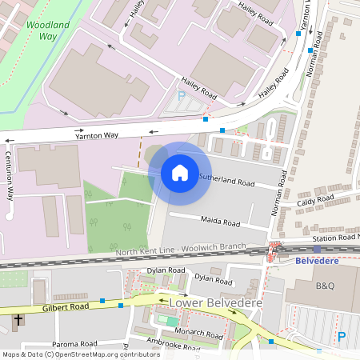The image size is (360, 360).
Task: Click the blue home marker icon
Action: pyautogui.click(x=180, y=173)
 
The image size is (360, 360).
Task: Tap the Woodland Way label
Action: pyautogui.click(x=47, y=31)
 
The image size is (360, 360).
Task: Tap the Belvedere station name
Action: pyautogui.click(x=318, y=261)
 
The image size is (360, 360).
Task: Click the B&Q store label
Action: pyautogui.click(x=325, y=285)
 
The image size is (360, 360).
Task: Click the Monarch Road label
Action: pyautogui.click(x=200, y=334)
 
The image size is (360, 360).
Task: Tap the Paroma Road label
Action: pyautogui.click(x=75, y=344)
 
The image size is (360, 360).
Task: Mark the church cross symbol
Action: pyautogui.click(x=18, y=321)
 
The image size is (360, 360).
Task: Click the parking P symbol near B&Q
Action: pyautogui.click(x=342, y=338)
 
